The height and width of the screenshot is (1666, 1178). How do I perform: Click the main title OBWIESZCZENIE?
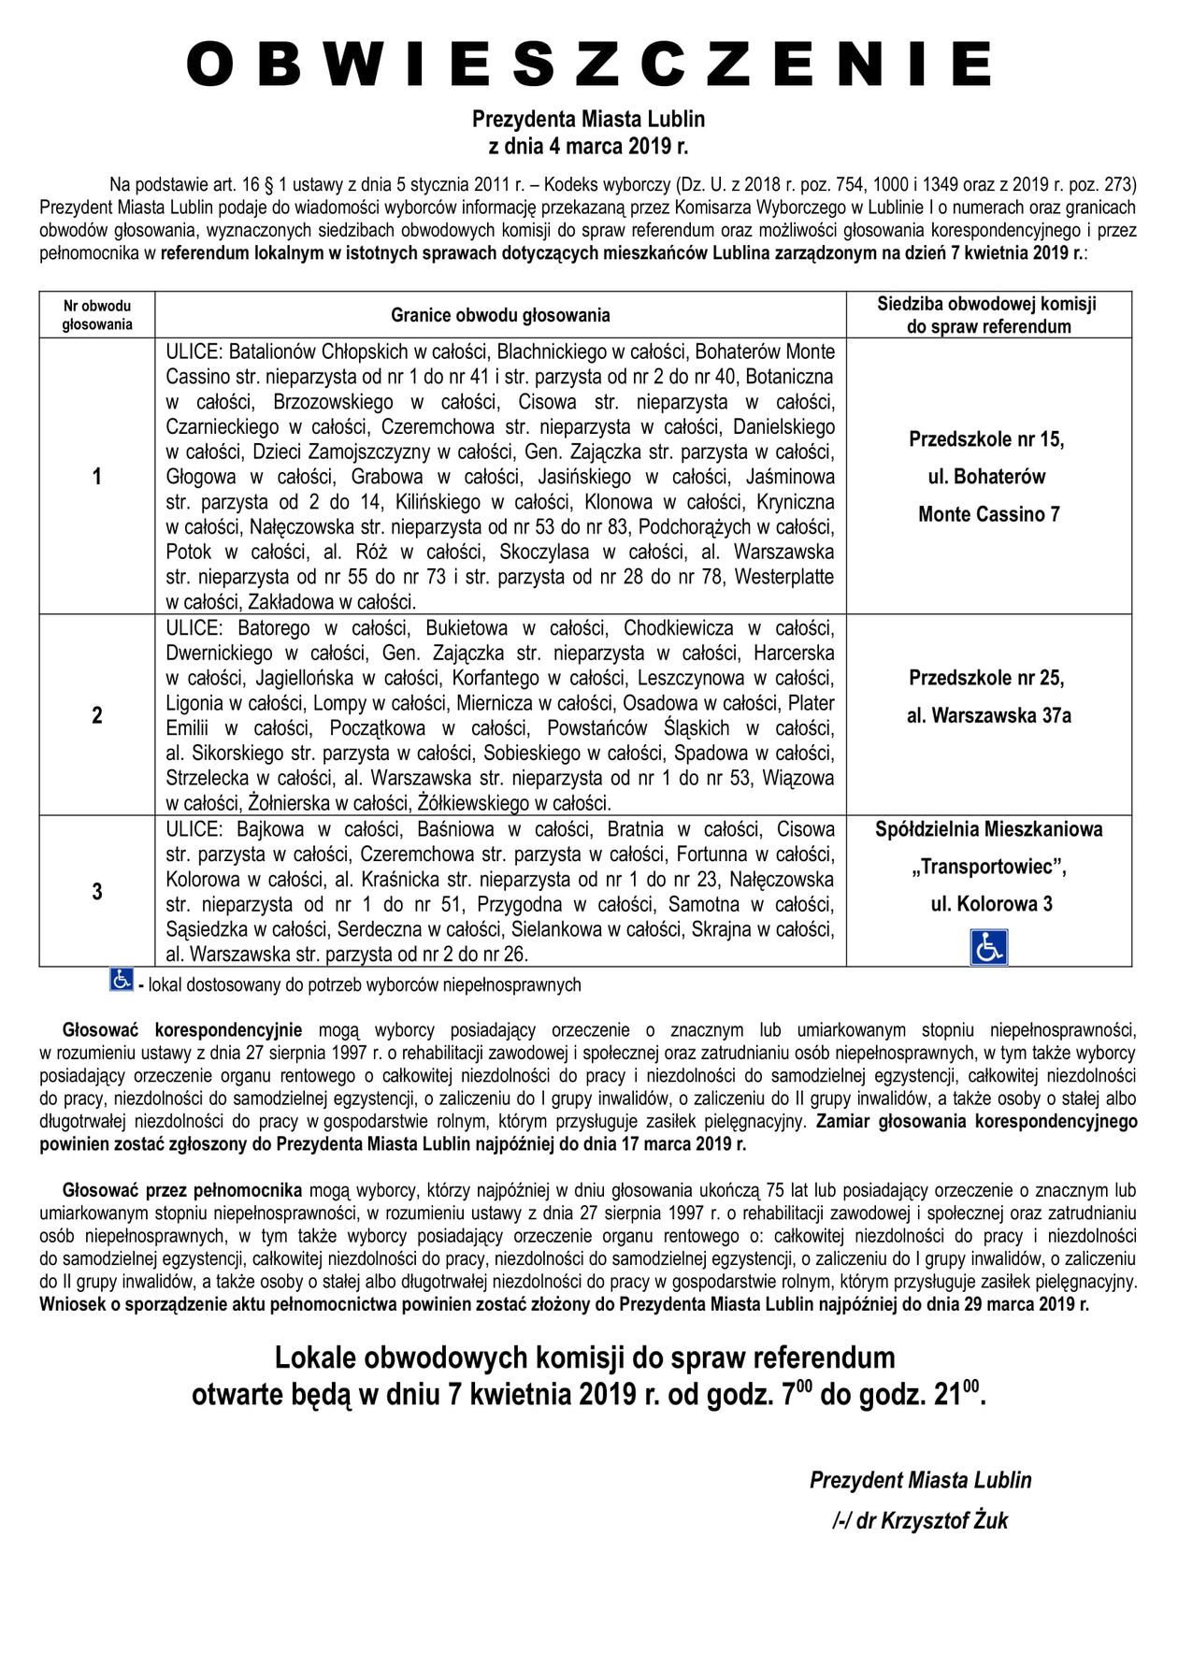(x=588, y=65)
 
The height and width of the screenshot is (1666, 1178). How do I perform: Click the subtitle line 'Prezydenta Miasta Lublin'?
(x=588, y=120)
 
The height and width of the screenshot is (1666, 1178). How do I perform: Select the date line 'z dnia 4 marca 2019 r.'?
(x=588, y=147)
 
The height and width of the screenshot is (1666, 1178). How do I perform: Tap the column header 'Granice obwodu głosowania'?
(x=500, y=315)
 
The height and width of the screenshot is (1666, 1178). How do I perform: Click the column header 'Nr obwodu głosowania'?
(x=97, y=315)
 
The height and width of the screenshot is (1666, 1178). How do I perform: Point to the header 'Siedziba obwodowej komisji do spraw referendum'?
(x=988, y=315)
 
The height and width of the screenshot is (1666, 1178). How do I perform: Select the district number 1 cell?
(x=97, y=477)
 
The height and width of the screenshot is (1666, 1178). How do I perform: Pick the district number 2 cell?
(x=97, y=716)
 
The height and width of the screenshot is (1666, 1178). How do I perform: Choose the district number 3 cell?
(x=97, y=891)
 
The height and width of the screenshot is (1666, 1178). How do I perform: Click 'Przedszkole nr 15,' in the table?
(x=987, y=439)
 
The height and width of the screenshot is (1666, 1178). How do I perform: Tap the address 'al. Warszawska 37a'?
(x=988, y=716)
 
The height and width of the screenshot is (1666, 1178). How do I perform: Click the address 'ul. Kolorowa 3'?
(x=988, y=904)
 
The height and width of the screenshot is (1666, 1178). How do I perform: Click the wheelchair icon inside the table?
(x=988, y=946)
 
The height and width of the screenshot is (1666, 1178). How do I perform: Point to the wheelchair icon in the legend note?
(x=122, y=980)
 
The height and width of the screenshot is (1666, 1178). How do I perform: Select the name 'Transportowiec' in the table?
(x=988, y=867)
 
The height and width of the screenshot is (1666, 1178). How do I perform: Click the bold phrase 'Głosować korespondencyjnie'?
(x=182, y=1030)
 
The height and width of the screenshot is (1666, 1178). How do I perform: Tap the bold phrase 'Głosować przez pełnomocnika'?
(x=182, y=1191)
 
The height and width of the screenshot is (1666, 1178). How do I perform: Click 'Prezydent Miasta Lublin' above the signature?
(x=920, y=1481)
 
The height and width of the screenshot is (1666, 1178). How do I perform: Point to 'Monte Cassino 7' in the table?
(x=988, y=514)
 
